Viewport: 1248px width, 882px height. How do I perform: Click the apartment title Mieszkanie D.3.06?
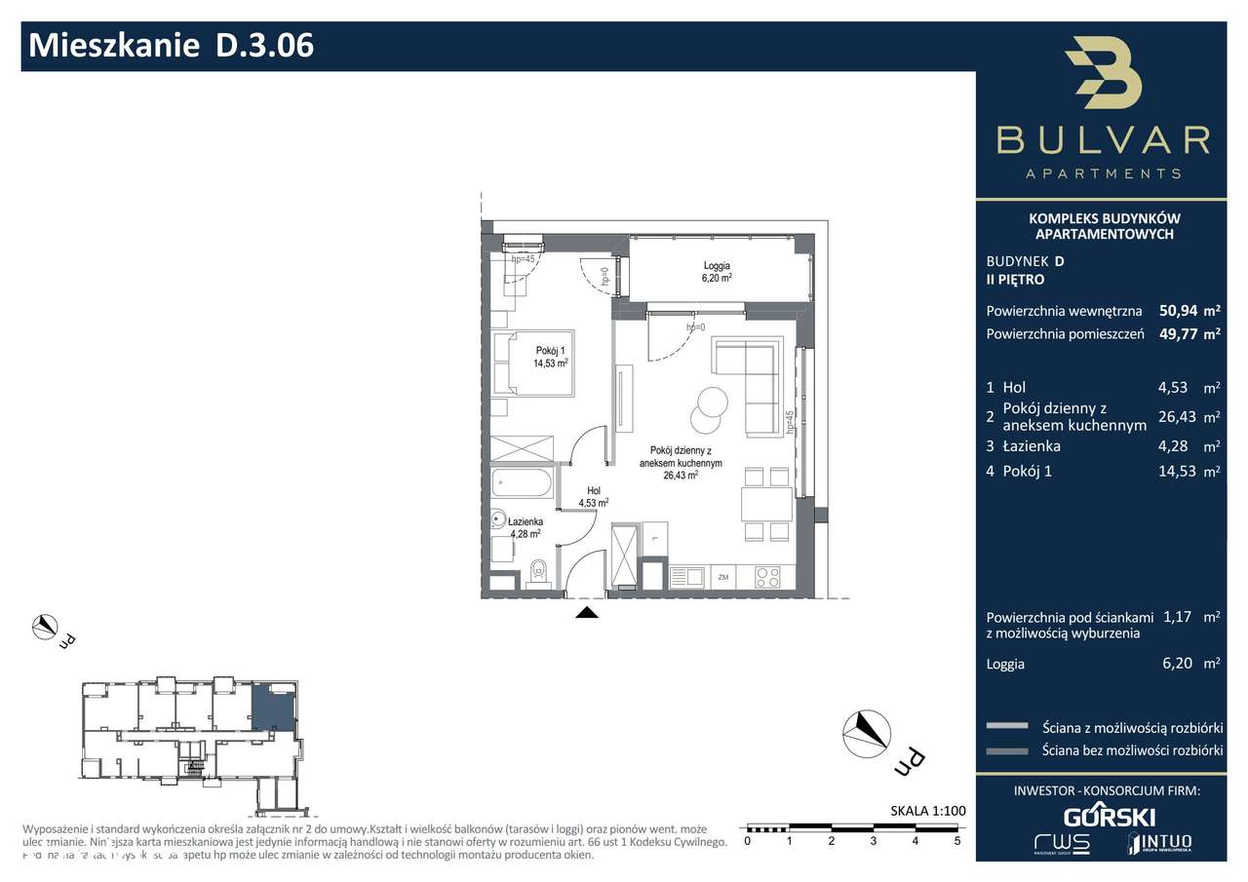point(172,46)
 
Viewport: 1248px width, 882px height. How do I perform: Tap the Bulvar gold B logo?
point(1104,74)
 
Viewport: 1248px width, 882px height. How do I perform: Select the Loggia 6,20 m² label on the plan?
point(717,271)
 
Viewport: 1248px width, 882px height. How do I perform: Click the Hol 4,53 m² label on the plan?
point(593,497)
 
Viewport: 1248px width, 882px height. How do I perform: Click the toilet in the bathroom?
point(537,574)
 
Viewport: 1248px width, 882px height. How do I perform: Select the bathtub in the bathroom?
point(523,481)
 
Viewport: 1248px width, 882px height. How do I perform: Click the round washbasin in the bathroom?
point(498,518)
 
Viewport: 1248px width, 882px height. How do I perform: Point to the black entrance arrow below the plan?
point(586,613)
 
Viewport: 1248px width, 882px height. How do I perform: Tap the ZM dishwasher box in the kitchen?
point(723,578)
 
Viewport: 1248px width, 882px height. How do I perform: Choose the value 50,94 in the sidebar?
point(1177,312)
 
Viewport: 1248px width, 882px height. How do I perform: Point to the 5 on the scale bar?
point(956,839)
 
